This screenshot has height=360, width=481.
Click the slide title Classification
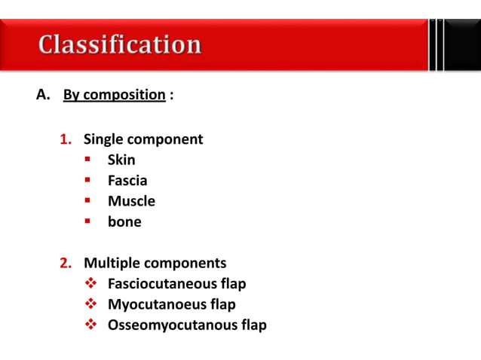[x=120, y=44]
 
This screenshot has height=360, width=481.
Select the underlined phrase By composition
[x=114, y=96]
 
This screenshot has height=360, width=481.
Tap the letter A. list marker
[x=43, y=96]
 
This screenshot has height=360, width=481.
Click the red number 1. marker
[x=66, y=139]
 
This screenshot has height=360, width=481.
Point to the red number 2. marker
[x=66, y=264]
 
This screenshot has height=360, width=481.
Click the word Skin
[x=121, y=160]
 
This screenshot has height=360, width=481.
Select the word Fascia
[x=127, y=181]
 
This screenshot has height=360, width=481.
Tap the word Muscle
[x=131, y=201]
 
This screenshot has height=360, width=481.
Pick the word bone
[x=124, y=222]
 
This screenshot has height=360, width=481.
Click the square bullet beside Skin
[x=88, y=160]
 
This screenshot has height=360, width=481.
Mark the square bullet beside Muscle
[x=88, y=201]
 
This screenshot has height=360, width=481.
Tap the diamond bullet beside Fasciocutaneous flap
[x=89, y=284]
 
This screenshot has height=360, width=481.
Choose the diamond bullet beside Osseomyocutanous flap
[x=89, y=325]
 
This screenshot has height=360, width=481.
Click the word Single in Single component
[x=104, y=139]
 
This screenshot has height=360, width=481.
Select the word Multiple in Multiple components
[x=112, y=264]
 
